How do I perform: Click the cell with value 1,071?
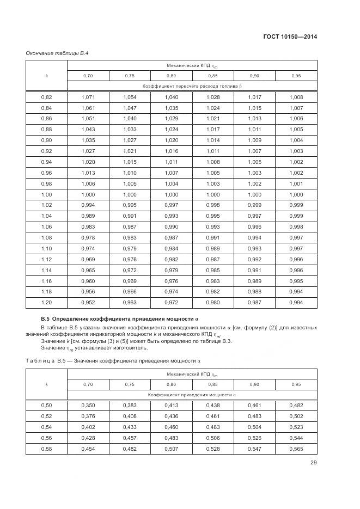(x=88, y=97)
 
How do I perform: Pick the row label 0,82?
(x=46, y=97)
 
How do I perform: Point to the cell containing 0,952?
(x=88, y=303)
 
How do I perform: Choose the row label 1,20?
(x=46, y=303)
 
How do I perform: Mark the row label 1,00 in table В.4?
(x=46, y=194)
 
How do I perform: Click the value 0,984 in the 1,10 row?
(x=171, y=248)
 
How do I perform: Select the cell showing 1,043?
(x=88, y=129)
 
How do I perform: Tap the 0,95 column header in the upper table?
(x=296, y=76)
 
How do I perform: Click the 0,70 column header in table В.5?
(x=88, y=384)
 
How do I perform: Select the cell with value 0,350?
(x=88, y=406)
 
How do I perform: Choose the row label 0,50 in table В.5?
(x=46, y=406)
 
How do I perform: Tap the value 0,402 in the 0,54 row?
(x=88, y=427)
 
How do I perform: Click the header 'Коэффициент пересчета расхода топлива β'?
(x=192, y=87)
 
